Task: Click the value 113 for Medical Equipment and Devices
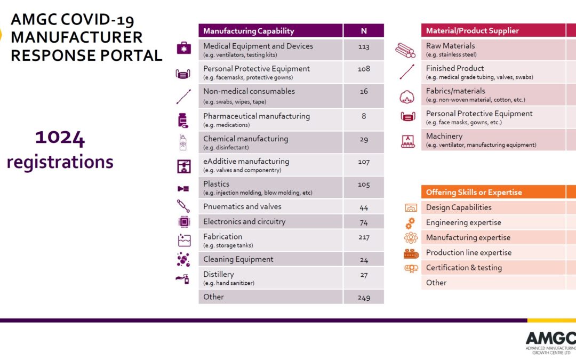click(364, 47)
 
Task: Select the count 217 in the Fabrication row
click(364, 237)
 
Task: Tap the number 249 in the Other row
click(364, 298)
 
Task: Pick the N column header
click(364, 31)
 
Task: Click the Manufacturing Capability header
click(249, 31)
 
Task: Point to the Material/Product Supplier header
click(472, 31)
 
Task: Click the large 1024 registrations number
click(60, 139)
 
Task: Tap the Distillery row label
click(219, 274)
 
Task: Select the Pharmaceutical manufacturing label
click(257, 116)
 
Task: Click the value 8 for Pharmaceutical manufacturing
click(364, 116)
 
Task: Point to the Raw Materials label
click(450, 46)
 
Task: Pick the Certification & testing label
click(463, 268)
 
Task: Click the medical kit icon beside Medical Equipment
click(183, 48)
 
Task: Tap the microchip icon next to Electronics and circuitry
click(183, 222)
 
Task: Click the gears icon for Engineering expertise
click(410, 223)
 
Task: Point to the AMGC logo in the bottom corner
click(550, 342)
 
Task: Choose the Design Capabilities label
click(459, 207)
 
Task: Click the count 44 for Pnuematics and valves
click(364, 207)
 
